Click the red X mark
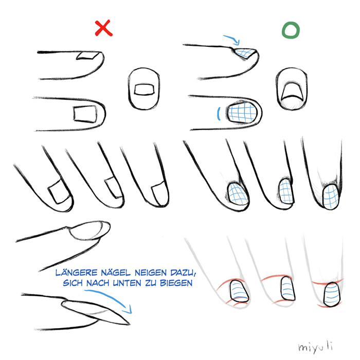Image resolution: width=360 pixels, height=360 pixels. pos(104,28)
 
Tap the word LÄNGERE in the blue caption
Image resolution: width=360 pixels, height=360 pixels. pos(77,273)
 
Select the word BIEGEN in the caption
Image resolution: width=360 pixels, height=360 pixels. pos(176,283)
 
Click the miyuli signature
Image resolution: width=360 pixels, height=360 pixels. pos(315,347)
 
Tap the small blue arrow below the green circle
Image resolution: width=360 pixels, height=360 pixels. pos(232,40)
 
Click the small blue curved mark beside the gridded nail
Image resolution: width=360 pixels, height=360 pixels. pos(219,114)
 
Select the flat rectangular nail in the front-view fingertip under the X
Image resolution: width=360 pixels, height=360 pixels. pos(143,89)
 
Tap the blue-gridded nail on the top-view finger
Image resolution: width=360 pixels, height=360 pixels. pos(242,113)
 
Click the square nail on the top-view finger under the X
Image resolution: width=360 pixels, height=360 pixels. pos(85,114)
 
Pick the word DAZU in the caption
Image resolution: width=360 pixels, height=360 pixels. pos(183,273)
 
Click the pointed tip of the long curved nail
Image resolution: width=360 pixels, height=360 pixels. pos(130,324)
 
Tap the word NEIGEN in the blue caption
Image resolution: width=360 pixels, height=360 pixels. pos(151,273)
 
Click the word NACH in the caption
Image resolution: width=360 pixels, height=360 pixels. pos(98,283)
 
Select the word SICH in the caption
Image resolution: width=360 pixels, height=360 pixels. pos(73,283)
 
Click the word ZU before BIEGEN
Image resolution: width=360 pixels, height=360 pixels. pos(151,283)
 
